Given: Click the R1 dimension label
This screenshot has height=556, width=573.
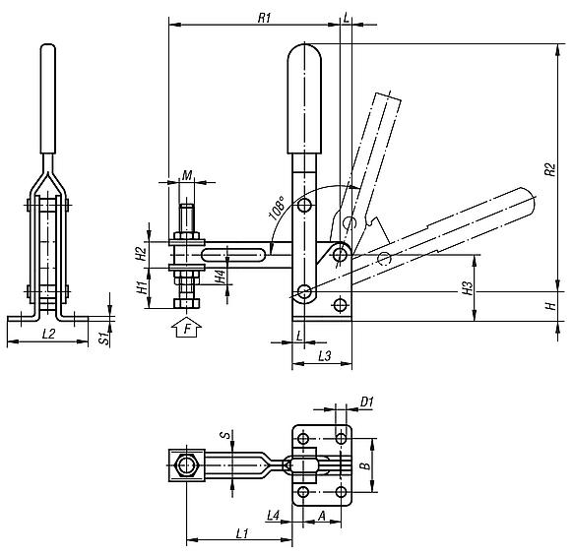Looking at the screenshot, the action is pyautogui.click(x=264, y=18).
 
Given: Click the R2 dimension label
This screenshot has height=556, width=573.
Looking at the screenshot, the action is pyautogui.click(x=549, y=169).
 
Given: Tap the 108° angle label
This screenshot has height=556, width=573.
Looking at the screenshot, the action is pyautogui.click(x=278, y=208).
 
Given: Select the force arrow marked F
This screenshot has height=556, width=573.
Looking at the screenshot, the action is pyautogui.click(x=187, y=328).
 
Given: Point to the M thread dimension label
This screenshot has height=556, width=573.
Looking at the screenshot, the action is pyautogui.click(x=187, y=176).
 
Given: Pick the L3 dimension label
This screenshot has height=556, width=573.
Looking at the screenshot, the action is pyautogui.click(x=325, y=355).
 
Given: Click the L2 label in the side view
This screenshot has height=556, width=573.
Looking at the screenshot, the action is pyautogui.click(x=48, y=334).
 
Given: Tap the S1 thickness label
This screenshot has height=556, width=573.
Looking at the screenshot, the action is pyautogui.click(x=104, y=339).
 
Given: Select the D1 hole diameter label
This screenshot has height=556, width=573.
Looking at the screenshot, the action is pyautogui.click(x=367, y=402).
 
